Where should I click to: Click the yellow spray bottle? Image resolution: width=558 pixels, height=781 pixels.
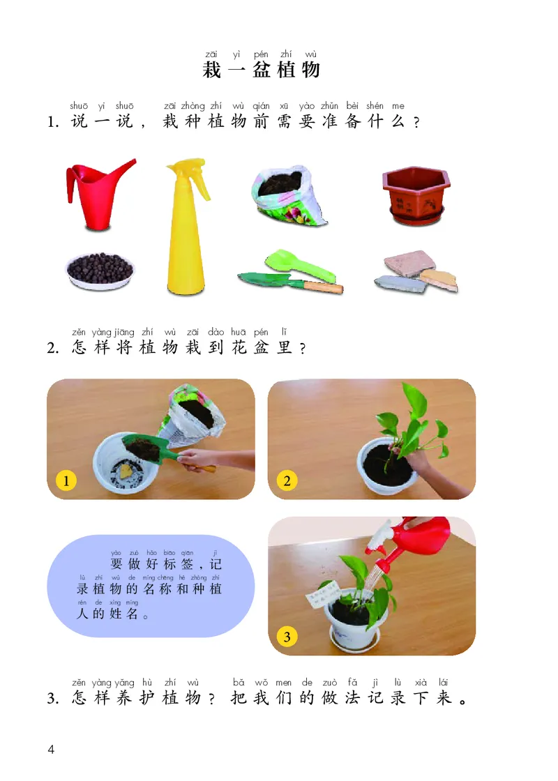pyautogui.click(x=185, y=230)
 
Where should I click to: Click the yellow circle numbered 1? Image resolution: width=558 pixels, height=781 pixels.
pyautogui.click(x=66, y=480)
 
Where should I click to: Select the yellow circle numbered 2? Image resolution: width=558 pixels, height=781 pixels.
pyautogui.click(x=287, y=480)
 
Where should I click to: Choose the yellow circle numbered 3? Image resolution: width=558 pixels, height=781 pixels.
pyautogui.click(x=287, y=636)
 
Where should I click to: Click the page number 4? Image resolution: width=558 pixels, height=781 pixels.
pyautogui.click(x=50, y=750)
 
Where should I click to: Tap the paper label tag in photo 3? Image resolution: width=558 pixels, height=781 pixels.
pyautogui.click(x=325, y=594)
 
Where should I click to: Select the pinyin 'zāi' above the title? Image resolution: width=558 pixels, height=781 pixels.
pyautogui.click(x=211, y=54)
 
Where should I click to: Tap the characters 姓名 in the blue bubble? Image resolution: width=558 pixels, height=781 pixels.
pyautogui.click(x=123, y=614)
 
